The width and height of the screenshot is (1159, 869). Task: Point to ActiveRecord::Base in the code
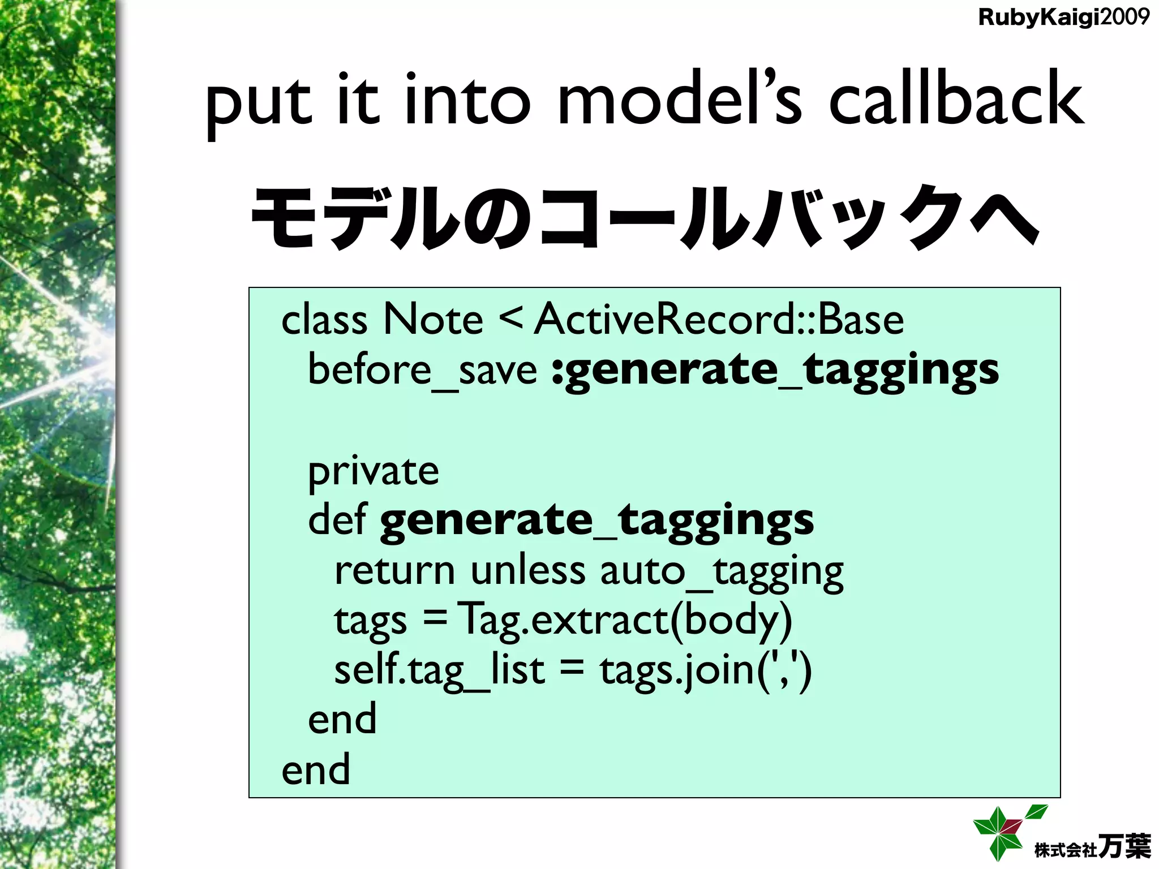[719, 320]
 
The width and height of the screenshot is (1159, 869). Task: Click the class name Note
[433, 320]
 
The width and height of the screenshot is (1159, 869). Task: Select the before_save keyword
[422, 371]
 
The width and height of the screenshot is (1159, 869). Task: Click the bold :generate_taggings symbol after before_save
[775, 371]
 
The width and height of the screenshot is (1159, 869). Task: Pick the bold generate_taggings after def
[596, 520]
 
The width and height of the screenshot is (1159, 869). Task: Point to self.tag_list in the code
[439, 671]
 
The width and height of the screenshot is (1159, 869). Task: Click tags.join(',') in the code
[705, 671]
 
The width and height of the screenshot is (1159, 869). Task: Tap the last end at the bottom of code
[316, 769]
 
